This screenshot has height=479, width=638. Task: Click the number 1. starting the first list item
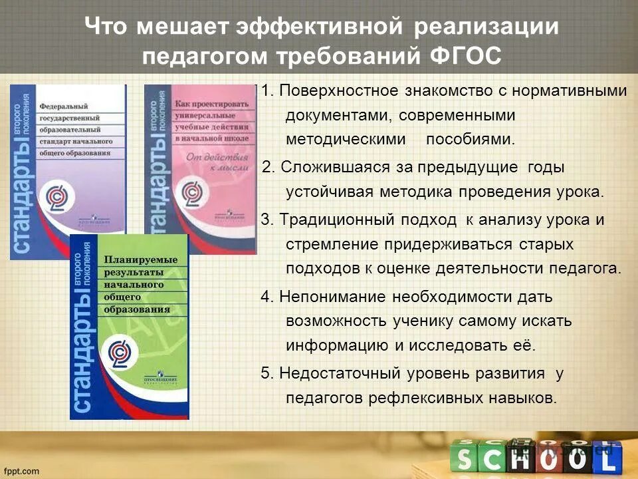[267, 90]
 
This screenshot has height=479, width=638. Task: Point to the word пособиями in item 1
[470, 140]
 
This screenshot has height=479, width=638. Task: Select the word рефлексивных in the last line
[439, 398]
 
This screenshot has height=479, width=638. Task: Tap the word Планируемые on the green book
[140, 259]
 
